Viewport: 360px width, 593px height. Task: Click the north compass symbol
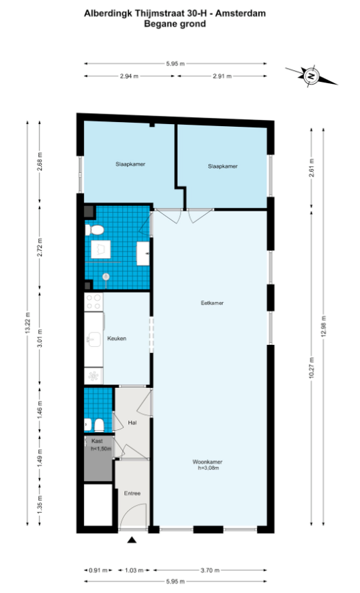coord(311,76)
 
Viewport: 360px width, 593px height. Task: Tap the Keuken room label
coord(117,339)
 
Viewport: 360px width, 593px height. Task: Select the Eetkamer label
coord(212,303)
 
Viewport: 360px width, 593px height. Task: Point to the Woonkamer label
coord(207,461)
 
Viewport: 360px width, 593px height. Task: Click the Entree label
coord(132,493)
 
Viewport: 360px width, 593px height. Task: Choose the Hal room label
coord(132,423)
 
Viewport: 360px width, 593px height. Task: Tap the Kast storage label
coord(97,441)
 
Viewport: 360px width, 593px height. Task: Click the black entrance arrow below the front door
coord(132,540)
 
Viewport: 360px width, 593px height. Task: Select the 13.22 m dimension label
coord(27,323)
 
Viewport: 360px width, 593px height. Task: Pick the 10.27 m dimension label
coord(311,367)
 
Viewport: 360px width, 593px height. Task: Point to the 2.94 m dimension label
coord(130,76)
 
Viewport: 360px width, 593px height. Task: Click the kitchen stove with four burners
coord(93,302)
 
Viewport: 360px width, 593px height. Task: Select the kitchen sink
coord(93,339)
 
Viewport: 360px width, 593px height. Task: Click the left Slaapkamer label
coord(130,164)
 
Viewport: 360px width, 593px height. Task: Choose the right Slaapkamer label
coord(223,166)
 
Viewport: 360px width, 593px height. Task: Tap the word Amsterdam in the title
coord(241,13)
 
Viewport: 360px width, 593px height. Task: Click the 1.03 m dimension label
coord(134,570)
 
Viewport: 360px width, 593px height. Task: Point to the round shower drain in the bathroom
coord(106,277)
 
